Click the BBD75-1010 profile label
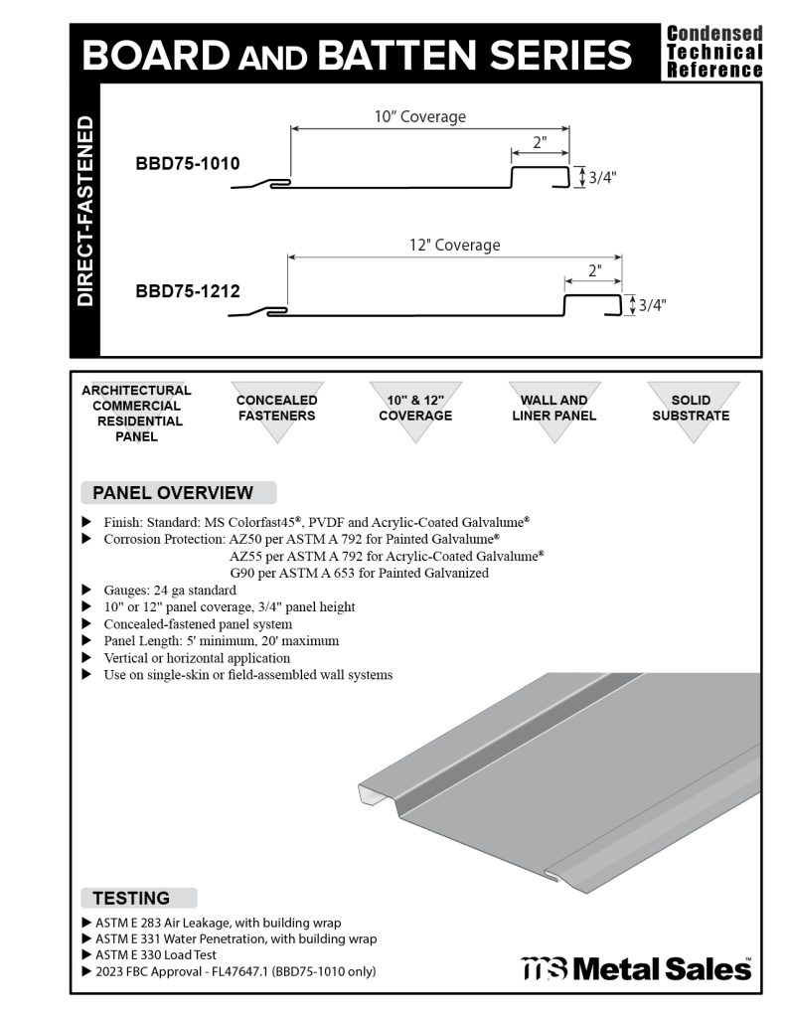coord(188,164)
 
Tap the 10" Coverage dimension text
coord(419,117)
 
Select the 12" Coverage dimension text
coord(454,245)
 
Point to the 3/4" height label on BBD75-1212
coord(651,305)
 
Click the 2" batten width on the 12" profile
coord(594,270)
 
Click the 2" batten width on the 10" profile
coord(540,143)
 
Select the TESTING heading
coord(131,898)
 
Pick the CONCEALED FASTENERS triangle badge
coord(276,410)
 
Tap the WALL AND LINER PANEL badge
coord(554,410)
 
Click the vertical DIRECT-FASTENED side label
coord(85,211)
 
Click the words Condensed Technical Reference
coord(714,52)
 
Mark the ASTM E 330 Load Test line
coord(156,954)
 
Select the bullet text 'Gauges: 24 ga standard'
coord(170,590)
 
